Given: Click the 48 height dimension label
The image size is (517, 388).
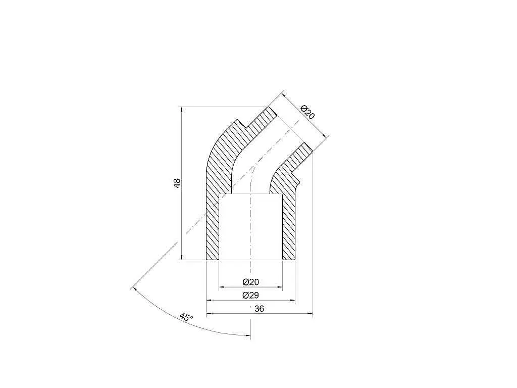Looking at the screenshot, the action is point(177,183).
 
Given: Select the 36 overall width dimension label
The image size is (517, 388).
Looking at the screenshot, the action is point(260,309).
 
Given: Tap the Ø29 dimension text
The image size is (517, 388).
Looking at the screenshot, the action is point(250,295).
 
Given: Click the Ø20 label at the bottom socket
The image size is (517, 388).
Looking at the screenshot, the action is point(250,282).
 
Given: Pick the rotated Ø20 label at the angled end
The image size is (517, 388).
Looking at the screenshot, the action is point(308,112).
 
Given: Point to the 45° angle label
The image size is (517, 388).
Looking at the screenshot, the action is point(186,317).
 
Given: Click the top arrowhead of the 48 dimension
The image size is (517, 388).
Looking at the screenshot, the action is point(181,110).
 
